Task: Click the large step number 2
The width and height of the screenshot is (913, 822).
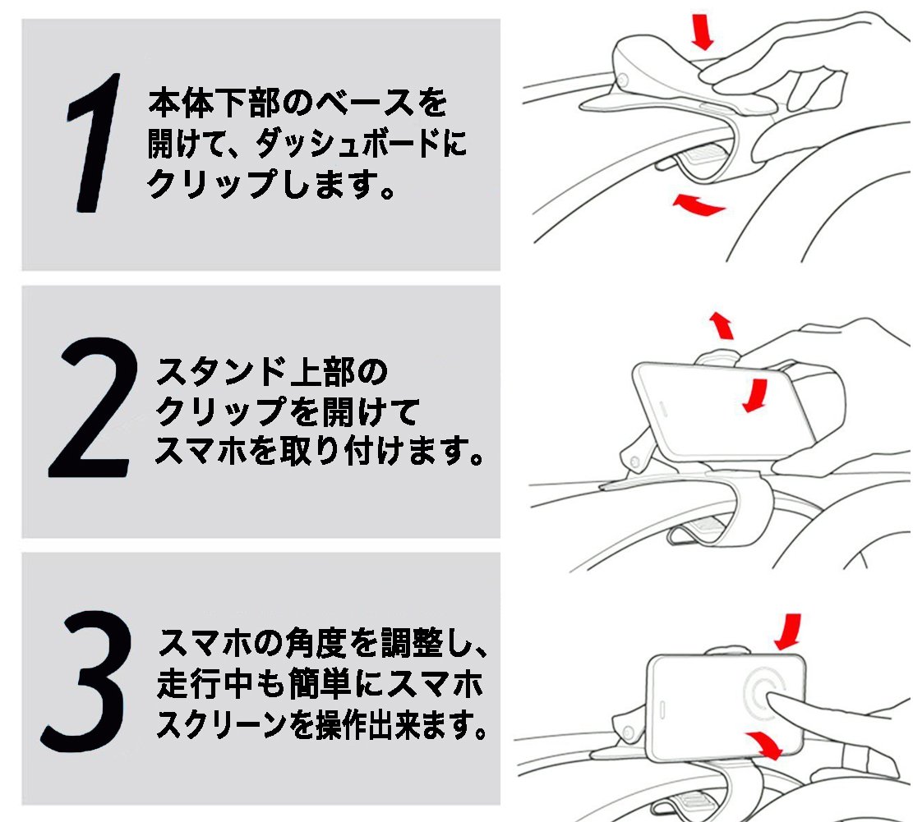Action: (x=92, y=407)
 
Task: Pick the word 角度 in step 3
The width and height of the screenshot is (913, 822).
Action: (x=316, y=643)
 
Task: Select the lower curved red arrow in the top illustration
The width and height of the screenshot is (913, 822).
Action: (x=698, y=204)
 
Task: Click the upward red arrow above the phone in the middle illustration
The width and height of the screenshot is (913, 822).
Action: (x=722, y=325)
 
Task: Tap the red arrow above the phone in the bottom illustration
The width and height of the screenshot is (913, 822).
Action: (x=788, y=631)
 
